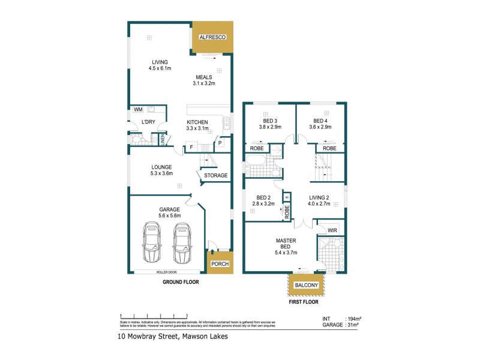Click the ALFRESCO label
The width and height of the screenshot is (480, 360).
coord(212,37)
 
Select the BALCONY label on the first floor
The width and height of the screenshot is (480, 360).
coord(306,285)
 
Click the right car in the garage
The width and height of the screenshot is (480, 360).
coord(182,242)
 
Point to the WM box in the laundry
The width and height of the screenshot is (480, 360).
coord(138,110)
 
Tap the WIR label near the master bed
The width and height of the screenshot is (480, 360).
coord(332,230)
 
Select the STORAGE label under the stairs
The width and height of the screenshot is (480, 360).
coord(216,176)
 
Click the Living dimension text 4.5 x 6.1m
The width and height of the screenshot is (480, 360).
coord(160,68)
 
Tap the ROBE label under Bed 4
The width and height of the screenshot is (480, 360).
coord(329,148)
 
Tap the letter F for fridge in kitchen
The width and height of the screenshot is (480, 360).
coord(191,147)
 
